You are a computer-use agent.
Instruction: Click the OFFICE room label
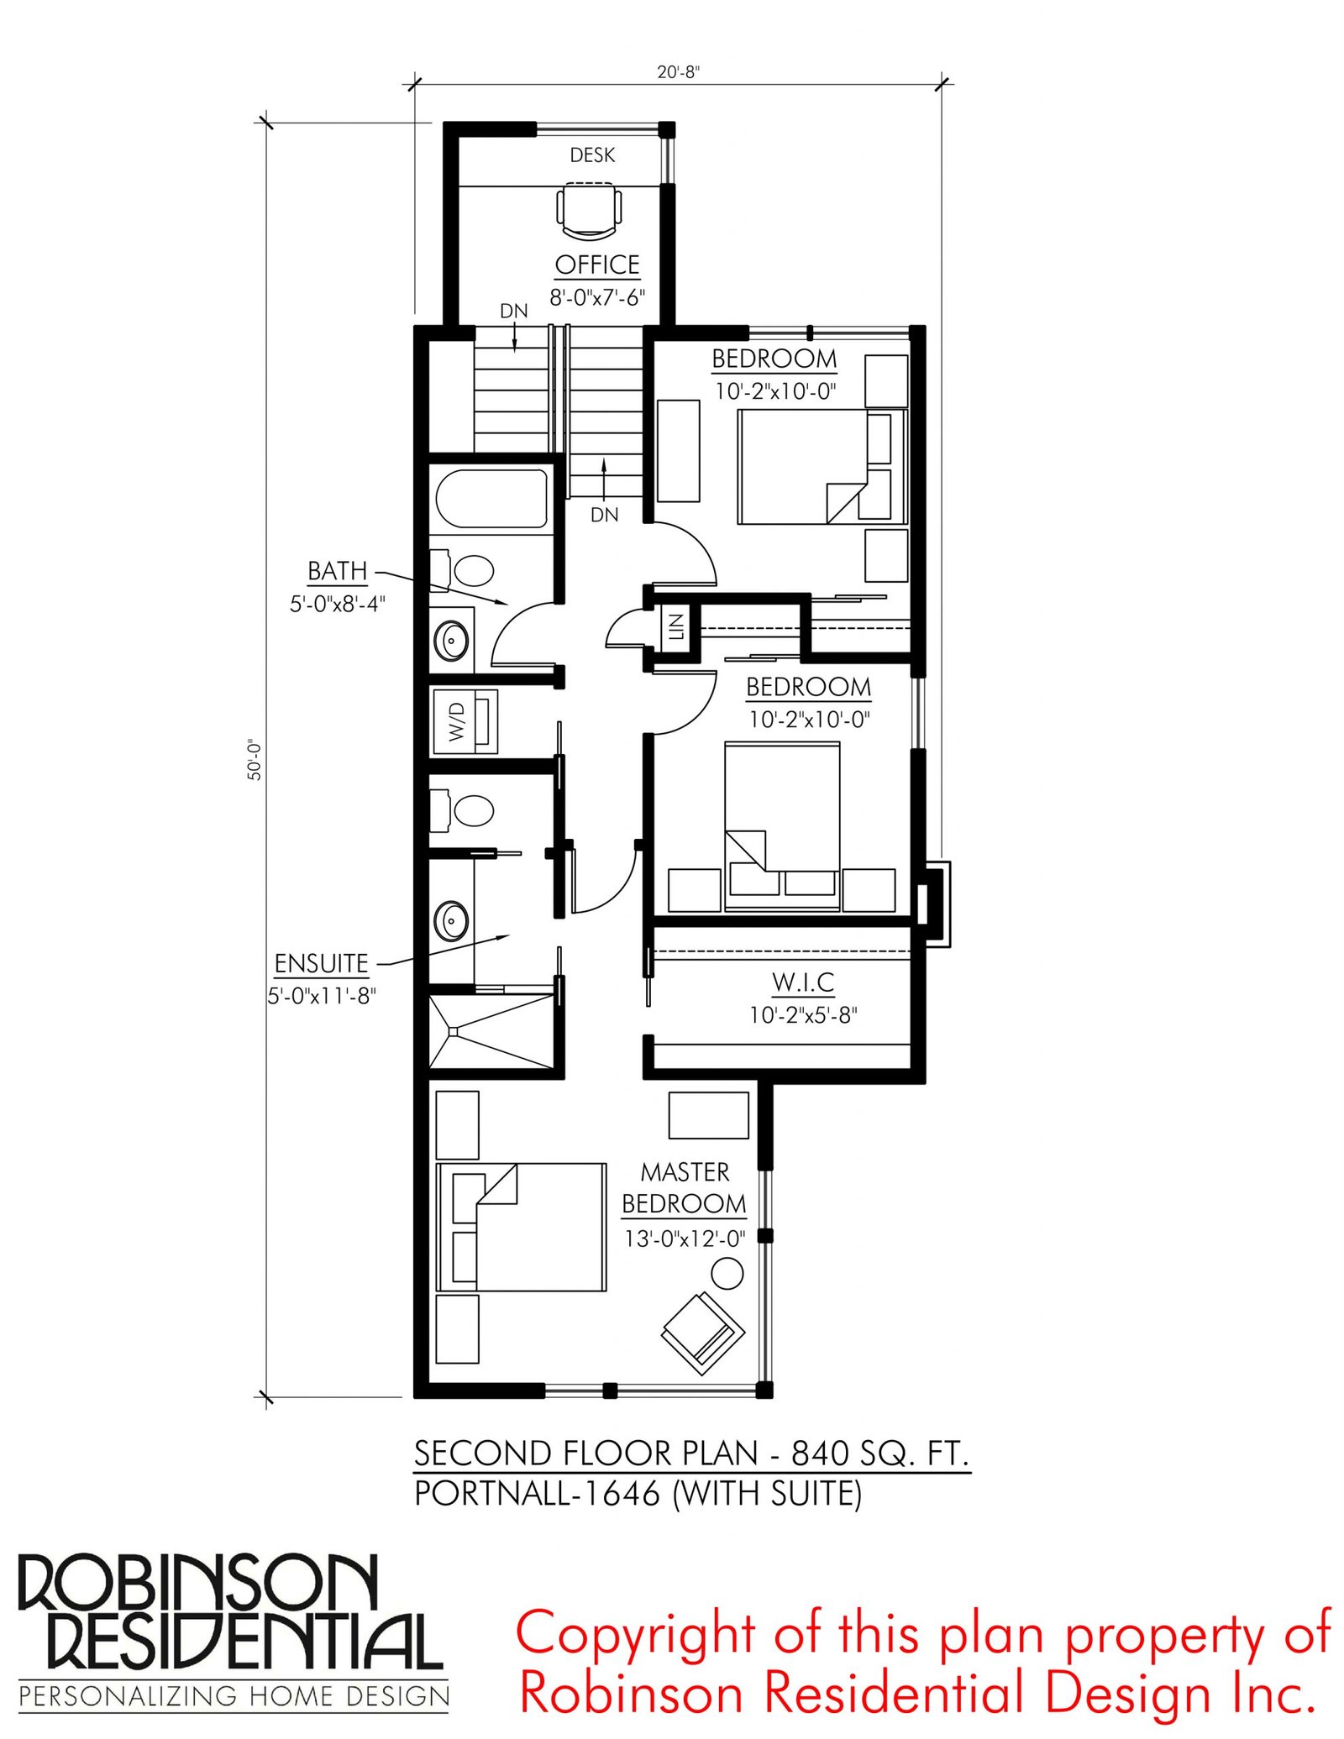pos(597,265)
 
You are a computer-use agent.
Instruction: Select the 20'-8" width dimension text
pos(678,72)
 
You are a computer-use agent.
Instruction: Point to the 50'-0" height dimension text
pos(255,760)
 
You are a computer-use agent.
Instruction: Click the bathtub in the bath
pos(491,499)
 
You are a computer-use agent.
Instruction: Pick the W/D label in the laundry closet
pos(457,721)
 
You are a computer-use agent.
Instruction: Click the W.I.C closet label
pos(803,982)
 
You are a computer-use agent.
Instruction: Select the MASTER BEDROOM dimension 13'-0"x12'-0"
pos(685,1238)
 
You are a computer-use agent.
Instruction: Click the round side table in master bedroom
pos(727,1273)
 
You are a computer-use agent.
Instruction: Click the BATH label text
pos(338,571)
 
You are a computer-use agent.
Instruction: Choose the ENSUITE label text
pos(322,963)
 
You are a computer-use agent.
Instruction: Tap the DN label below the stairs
pos(605,515)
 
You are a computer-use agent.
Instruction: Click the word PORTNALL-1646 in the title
pos(538,1493)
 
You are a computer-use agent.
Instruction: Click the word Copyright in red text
pos(636,1633)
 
